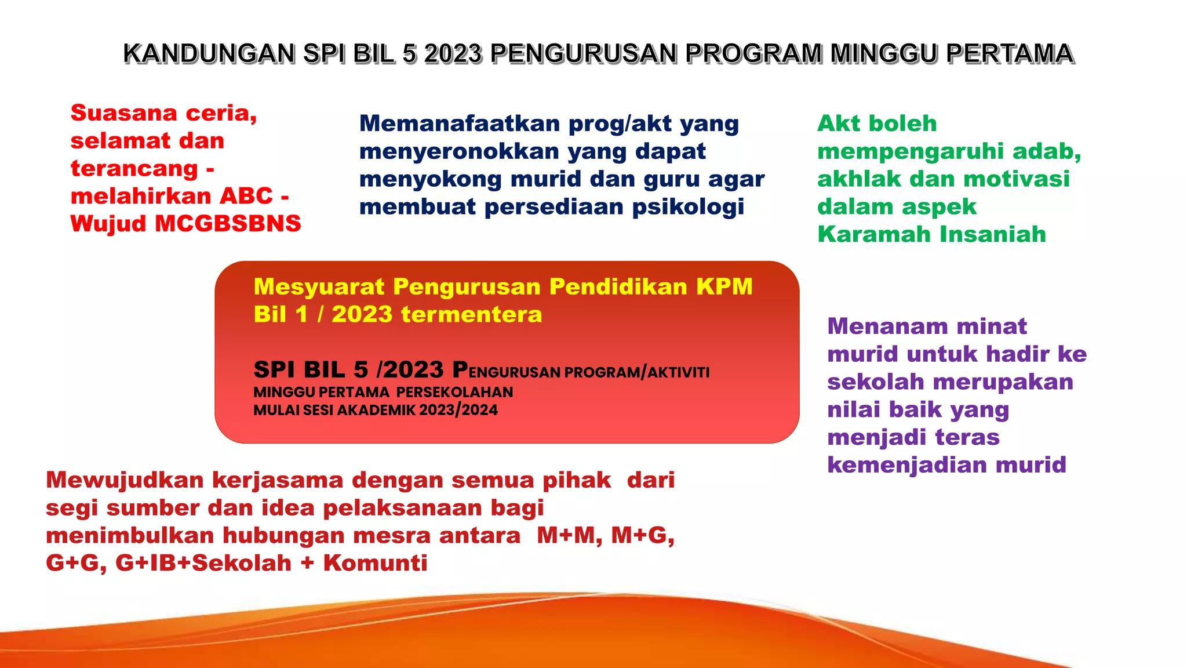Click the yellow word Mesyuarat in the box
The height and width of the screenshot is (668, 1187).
tap(319, 286)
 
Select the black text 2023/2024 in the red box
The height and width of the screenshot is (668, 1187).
tap(458, 410)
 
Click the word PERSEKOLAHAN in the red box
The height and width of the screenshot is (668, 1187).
tap(454, 392)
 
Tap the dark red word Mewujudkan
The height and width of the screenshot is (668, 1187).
tap(125, 480)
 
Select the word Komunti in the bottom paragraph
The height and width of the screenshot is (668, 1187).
tap(375, 563)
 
